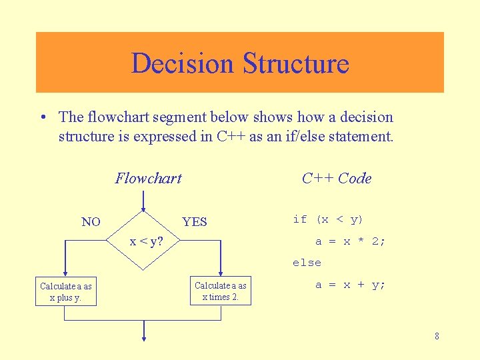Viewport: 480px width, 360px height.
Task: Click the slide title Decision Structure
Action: (x=240, y=63)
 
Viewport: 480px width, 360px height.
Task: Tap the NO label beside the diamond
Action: (x=91, y=222)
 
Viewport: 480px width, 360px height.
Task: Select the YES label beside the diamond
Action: (x=195, y=222)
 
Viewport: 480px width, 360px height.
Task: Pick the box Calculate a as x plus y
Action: (x=66, y=292)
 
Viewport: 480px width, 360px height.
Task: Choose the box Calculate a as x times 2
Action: (x=220, y=291)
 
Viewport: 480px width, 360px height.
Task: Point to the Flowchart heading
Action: (x=148, y=178)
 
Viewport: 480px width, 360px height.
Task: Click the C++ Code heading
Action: (x=337, y=178)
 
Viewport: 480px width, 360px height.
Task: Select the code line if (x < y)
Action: (x=328, y=219)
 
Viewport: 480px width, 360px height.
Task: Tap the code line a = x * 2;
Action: (x=350, y=241)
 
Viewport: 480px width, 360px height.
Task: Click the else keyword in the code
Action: (x=307, y=263)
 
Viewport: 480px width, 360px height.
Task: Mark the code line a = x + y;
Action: (x=350, y=285)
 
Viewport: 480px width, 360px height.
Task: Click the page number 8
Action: (x=437, y=336)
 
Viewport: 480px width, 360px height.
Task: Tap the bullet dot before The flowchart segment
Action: (x=42, y=118)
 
